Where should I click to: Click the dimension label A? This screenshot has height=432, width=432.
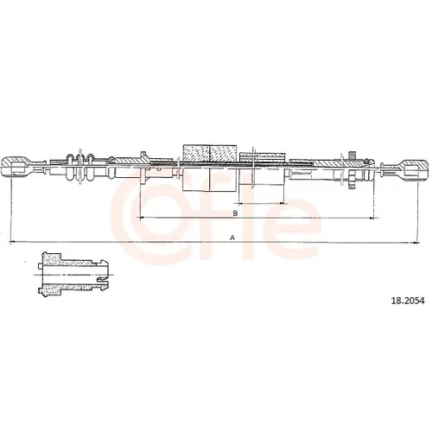point(232,238)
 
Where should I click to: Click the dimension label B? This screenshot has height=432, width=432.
point(235,213)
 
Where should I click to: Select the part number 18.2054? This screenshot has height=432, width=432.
point(407,301)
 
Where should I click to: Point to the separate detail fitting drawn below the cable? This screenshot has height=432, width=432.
point(73,275)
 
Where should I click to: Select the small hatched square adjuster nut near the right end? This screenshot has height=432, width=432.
point(351,155)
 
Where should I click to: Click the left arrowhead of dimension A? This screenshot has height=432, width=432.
point(12,242)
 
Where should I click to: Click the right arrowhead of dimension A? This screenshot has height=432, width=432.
point(416,243)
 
